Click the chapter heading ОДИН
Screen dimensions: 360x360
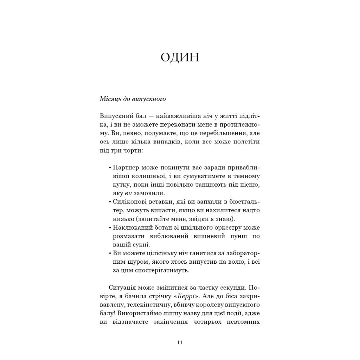[180, 57]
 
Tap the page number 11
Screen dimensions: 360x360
[180, 342]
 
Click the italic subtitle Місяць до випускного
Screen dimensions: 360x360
[133, 99]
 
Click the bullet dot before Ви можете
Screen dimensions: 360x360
[110, 253]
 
